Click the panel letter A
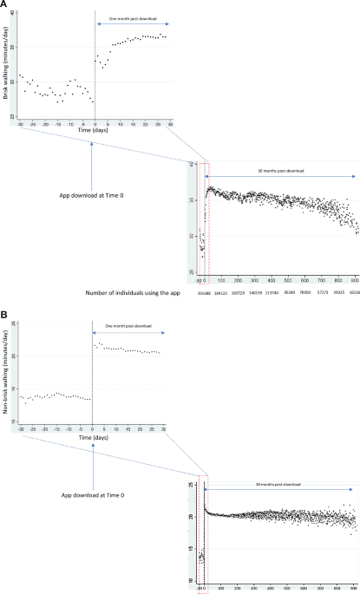point(5,5)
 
